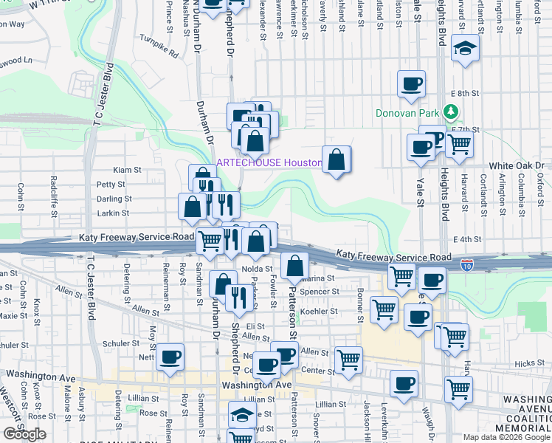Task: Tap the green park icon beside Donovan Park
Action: [x=451, y=113]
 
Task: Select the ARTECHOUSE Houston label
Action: [x=269, y=162]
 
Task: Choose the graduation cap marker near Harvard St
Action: [x=465, y=49]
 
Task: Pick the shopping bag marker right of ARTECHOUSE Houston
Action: [x=336, y=159]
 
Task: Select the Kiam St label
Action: [x=127, y=170]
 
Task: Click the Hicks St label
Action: [x=529, y=363]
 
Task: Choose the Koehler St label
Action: [x=320, y=311]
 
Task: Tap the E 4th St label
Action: [x=466, y=239]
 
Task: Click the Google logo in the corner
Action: [x=24, y=434]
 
